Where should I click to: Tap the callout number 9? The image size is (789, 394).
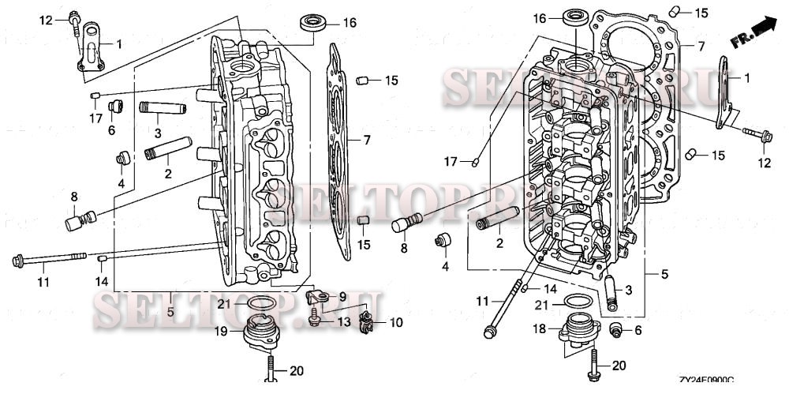(342, 297)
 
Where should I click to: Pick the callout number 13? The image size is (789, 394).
(342, 322)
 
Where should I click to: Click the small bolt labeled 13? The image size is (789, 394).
(316, 321)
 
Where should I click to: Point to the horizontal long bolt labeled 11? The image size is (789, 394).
(47, 259)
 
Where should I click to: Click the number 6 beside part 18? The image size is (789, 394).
(638, 330)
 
